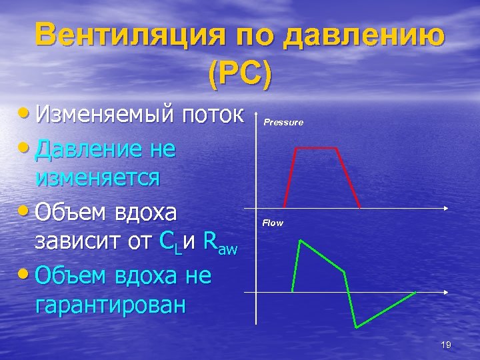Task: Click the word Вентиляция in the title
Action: pyautogui.click(x=123, y=35)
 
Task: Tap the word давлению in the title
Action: pyautogui.click(x=363, y=35)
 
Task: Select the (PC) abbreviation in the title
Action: pyautogui.click(x=240, y=75)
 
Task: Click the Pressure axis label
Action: pyautogui.click(x=283, y=123)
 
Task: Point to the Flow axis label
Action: pyautogui.click(x=273, y=223)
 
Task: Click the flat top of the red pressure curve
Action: pyautogui.click(x=317, y=149)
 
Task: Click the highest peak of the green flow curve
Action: pyautogui.click(x=301, y=240)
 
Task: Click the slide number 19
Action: pyautogui.click(x=446, y=344)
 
